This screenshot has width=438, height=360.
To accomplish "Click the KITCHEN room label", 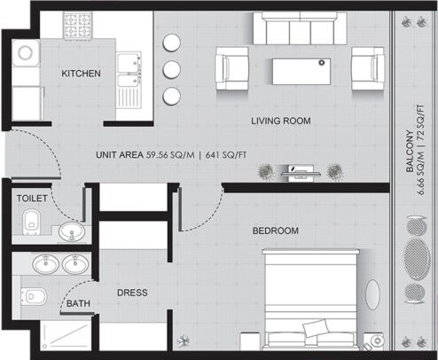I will [81, 73].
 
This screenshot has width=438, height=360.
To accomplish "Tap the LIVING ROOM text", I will [280, 121].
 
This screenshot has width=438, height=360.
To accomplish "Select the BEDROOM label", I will [275, 231].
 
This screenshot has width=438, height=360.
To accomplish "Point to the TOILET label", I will [31, 199].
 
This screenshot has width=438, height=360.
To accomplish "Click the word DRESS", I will [132, 292].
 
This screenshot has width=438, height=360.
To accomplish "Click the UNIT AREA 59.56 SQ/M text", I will [149, 154].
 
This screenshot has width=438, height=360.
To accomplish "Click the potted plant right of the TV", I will [334, 170].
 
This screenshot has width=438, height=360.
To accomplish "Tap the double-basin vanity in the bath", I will [55, 265].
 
